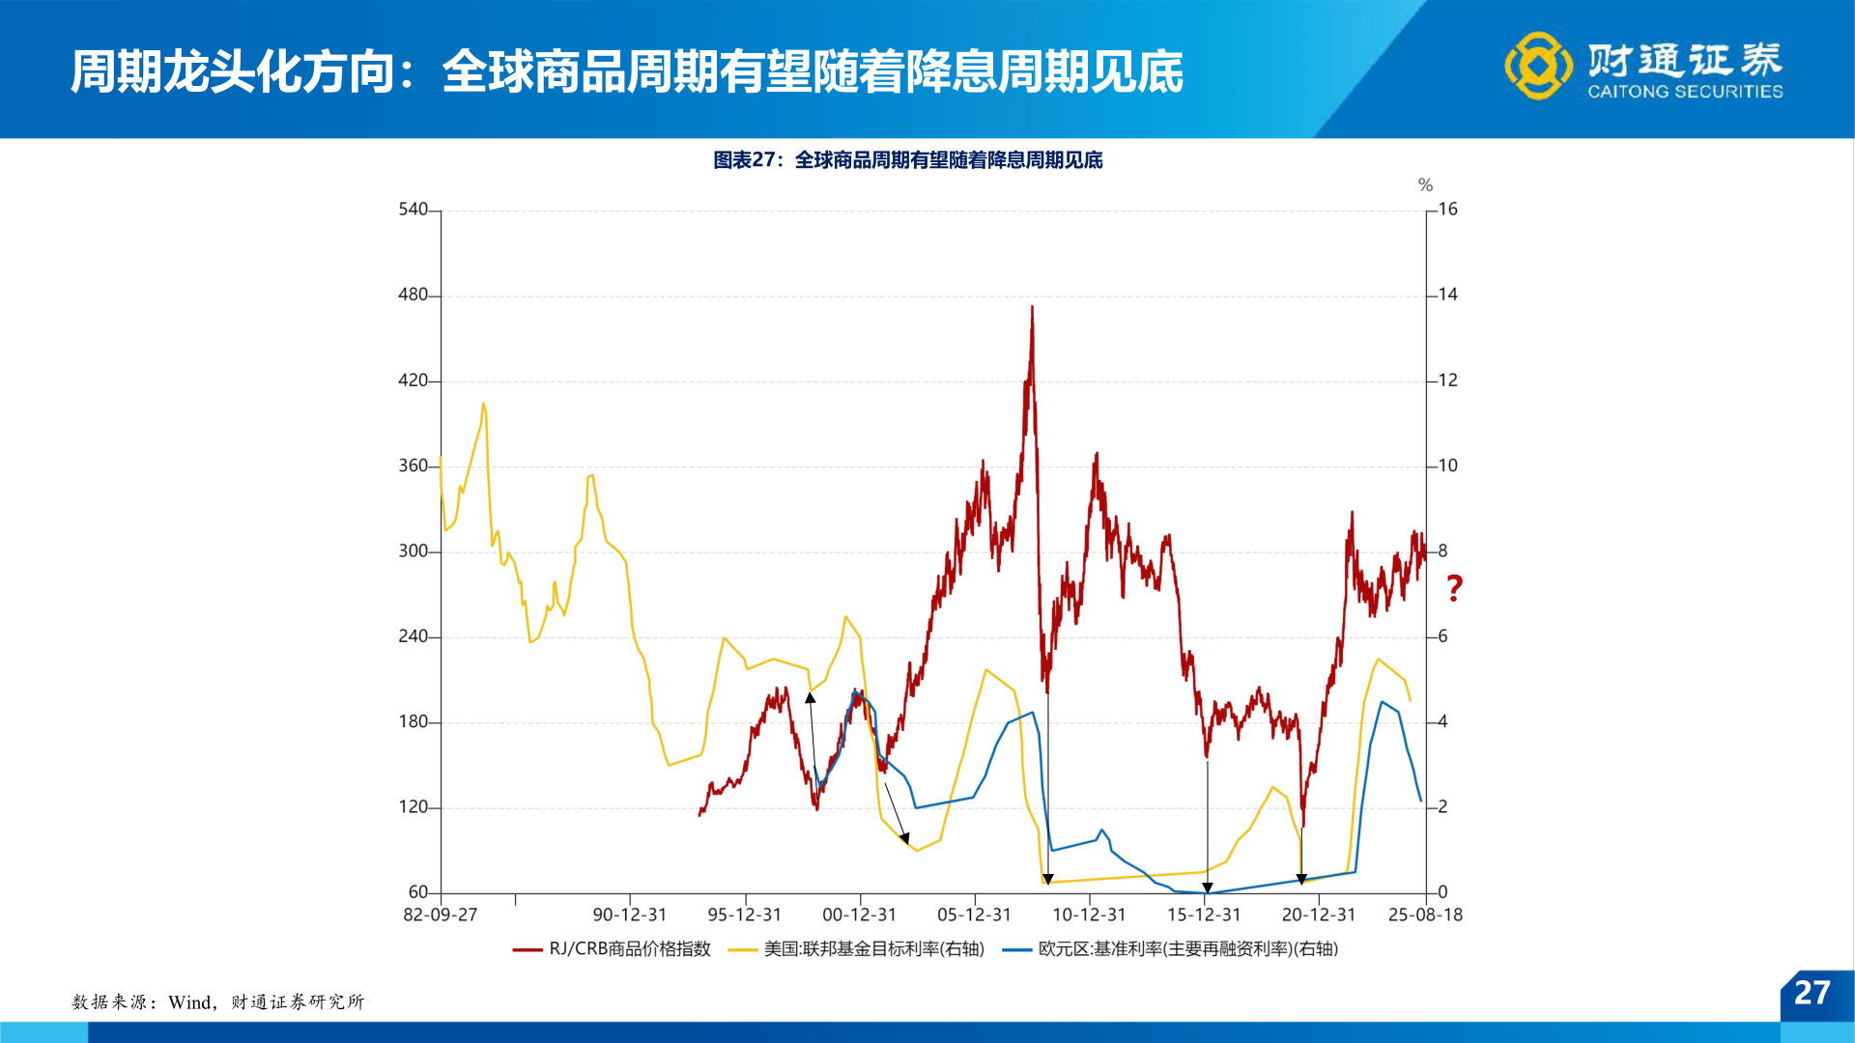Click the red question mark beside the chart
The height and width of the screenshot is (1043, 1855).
1454,587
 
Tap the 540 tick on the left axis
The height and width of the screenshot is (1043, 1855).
413,210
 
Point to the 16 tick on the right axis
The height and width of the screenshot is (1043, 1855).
1447,210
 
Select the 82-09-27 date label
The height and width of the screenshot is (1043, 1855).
441,915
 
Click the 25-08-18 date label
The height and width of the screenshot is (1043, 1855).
1425,915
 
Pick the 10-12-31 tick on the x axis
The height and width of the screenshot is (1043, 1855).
1089,915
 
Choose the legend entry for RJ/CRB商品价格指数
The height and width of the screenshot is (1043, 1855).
612,949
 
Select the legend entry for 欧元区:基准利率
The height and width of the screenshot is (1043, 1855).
1170,949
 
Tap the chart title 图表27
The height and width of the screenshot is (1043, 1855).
907,160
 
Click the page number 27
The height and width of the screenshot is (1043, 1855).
1812,993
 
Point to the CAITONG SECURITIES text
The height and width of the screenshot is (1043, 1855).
1685,92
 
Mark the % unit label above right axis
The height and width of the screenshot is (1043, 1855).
1425,185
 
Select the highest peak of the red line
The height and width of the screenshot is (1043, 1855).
1032,308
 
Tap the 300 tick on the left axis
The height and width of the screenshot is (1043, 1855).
413,551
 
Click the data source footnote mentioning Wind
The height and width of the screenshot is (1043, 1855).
218,1002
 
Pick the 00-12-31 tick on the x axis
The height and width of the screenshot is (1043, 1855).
859,915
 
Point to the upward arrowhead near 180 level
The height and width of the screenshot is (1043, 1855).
811,697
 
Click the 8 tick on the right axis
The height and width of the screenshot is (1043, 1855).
1442,551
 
